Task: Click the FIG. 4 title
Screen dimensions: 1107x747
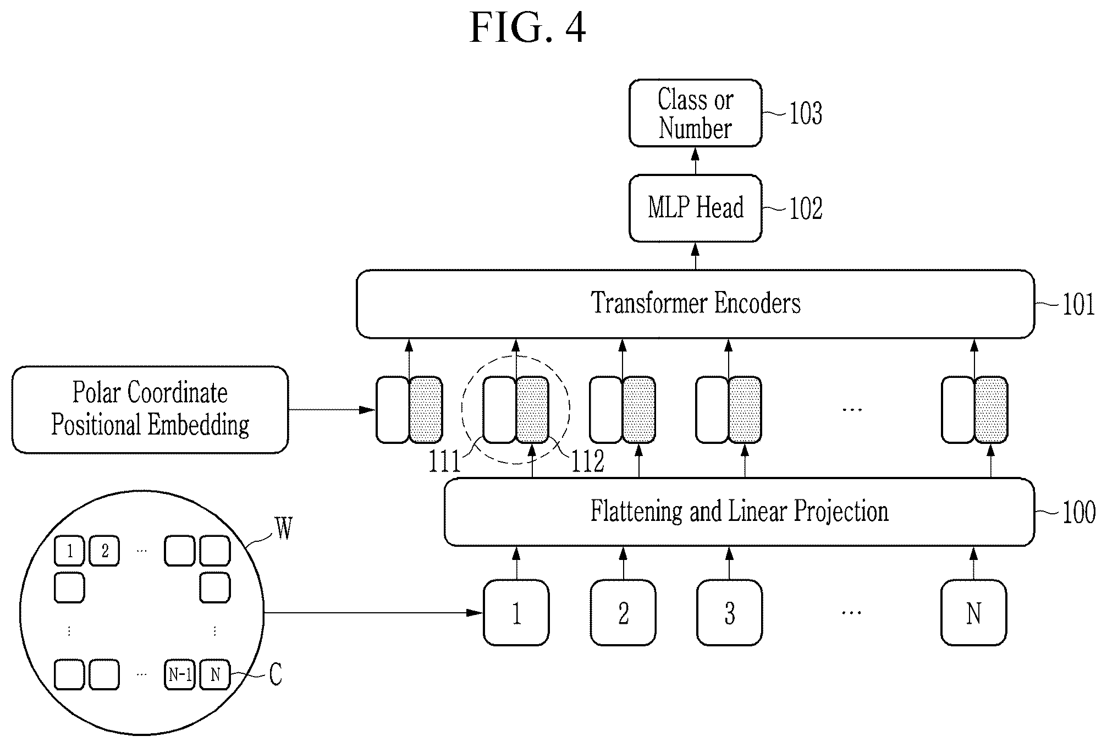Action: click(x=528, y=28)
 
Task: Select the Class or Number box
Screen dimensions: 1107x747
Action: click(x=695, y=113)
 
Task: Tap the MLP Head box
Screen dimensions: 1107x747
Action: click(x=695, y=208)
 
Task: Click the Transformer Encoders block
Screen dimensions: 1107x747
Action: click(x=695, y=304)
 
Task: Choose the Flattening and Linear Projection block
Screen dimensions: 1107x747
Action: click(x=739, y=512)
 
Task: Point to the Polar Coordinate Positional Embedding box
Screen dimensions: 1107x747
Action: click(x=150, y=410)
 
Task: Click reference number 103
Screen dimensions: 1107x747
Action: click(x=806, y=113)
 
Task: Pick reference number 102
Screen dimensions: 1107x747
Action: click(x=806, y=208)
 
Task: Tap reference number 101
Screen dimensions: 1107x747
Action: click(x=1078, y=304)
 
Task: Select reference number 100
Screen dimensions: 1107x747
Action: click(x=1078, y=512)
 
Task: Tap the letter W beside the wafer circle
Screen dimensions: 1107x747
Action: click(x=284, y=529)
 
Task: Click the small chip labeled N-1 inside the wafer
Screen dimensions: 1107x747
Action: click(x=180, y=674)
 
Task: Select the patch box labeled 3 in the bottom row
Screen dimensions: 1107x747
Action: click(x=729, y=613)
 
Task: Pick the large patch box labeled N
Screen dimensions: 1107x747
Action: click(x=973, y=613)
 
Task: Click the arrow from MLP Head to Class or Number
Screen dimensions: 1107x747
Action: click(x=695, y=161)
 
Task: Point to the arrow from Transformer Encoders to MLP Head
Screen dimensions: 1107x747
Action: click(x=695, y=256)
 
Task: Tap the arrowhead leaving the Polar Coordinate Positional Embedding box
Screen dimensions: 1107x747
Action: click(x=367, y=410)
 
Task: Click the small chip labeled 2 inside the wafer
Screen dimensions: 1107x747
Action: click(x=104, y=551)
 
